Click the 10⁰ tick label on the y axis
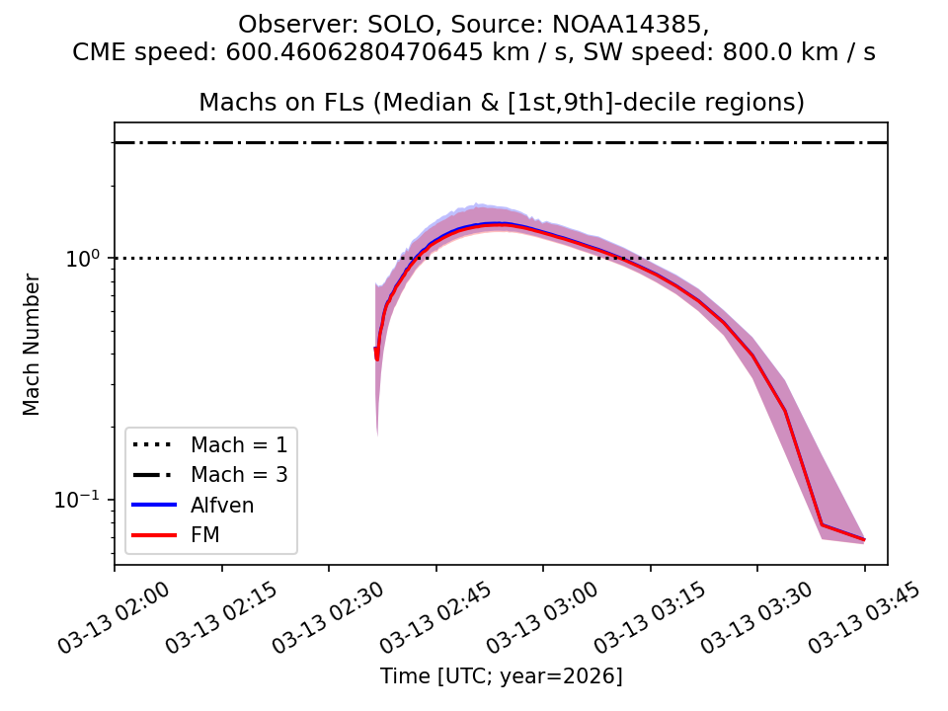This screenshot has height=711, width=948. pyautogui.click(x=87, y=258)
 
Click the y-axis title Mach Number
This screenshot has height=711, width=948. pyautogui.click(x=33, y=344)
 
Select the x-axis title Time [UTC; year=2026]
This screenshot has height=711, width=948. pyautogui.click(x=501, y=676)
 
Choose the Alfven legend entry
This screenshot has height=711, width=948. pyautogui.click(x=222, y=506)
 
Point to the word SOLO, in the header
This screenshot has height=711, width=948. pyautogui.click(x=378, y=24)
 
